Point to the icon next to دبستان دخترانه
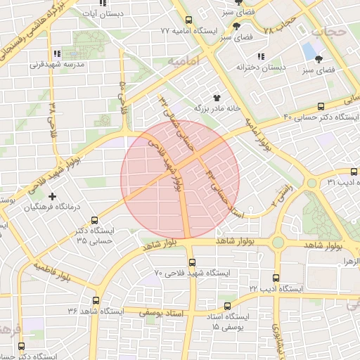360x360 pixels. coord(261,56)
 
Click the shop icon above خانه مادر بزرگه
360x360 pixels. coord(216,98)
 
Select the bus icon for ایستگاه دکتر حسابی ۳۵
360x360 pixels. coord(94,221)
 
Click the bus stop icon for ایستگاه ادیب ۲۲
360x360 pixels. coord(275,278)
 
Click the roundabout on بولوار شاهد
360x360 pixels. coord(278,243)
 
